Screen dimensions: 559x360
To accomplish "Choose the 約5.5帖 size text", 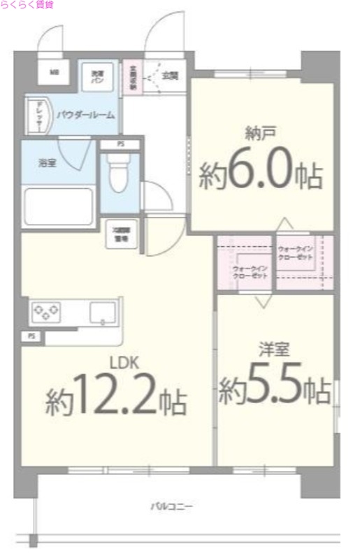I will pos(274,389).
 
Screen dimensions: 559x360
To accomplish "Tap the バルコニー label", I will pos(171,505).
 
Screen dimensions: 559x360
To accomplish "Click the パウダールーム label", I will pos(85,114).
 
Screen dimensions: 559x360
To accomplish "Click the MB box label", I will pos(54,72).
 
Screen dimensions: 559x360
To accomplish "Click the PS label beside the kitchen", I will pos(31,337).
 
